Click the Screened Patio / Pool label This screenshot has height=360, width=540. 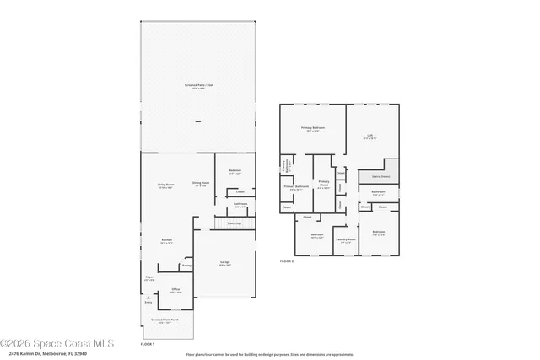click(197, 86)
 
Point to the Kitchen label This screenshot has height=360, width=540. click(167, 240)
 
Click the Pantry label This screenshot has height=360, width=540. click(186, 266)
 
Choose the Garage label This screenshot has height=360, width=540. click(225, 263)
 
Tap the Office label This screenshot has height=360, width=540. click(175, 290)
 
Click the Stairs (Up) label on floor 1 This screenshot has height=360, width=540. click(234, 223)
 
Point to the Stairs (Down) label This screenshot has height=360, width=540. click(381, 177)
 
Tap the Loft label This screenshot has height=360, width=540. click(370, 135)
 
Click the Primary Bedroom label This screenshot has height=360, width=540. click(312, 128)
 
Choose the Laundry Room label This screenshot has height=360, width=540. click(346, 239)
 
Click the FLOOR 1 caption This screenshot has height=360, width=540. click(148, 344)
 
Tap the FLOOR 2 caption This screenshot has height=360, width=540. click(287, 261)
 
